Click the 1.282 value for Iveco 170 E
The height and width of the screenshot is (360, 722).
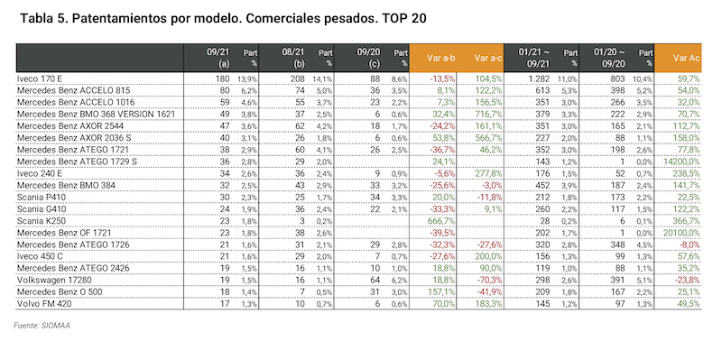(539, 80)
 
